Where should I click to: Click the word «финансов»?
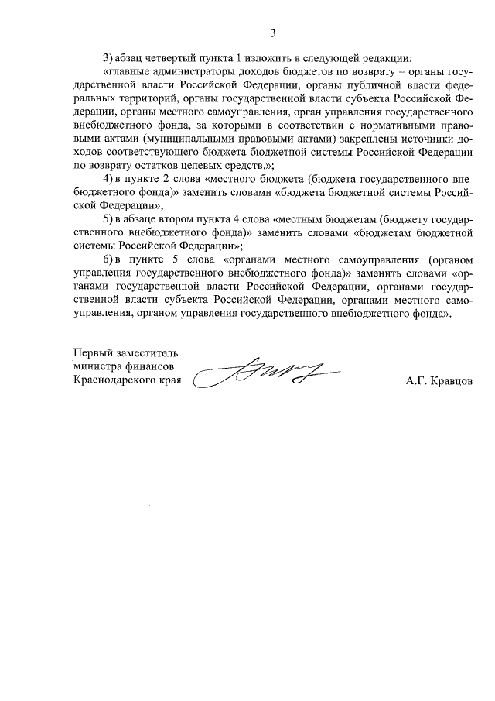click(x=148, y=366)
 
